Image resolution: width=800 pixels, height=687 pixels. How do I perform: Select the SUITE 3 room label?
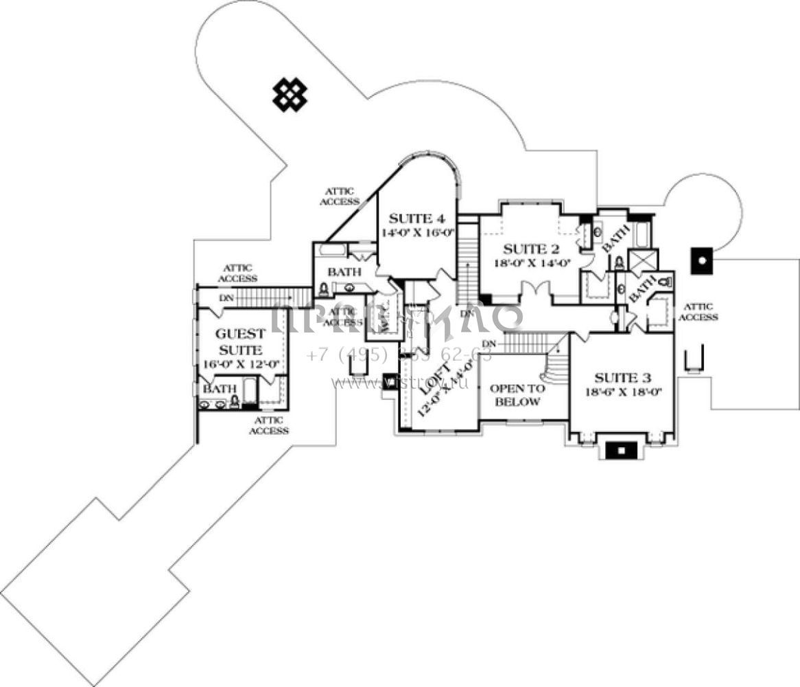coord(622,378)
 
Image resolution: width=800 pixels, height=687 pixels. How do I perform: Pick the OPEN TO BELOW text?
coord(517,395)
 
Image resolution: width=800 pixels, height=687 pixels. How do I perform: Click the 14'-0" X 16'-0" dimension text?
coord(419,233)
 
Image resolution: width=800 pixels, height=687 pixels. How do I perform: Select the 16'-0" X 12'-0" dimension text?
coord(239,364)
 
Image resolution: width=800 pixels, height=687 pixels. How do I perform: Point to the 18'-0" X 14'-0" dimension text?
coord(532,262)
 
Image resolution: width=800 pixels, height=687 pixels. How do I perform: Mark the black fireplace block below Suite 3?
coord(621,451)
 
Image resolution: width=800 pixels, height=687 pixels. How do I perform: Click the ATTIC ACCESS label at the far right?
coord(698,312)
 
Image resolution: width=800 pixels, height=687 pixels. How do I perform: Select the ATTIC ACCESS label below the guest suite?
coord(268,425)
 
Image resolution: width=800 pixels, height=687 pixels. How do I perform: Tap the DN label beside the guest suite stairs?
coord(225,298)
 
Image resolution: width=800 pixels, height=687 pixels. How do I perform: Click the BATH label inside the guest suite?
coord(213,389)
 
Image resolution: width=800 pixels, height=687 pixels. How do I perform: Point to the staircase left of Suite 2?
coord(468,261)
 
